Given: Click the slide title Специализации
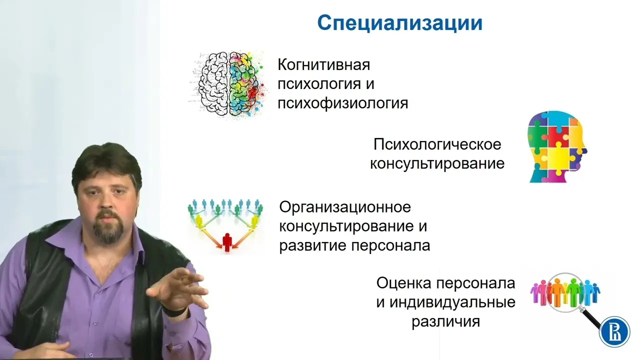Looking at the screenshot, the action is tap(399, 23).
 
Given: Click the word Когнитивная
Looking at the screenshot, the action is tap(323, 65).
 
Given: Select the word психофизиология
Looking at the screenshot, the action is tap(343, 103).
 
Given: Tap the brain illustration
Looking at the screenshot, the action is tap(228, 84).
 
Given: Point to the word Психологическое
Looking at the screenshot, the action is tap(437, 144).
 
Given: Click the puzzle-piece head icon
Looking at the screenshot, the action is tap(557, 146).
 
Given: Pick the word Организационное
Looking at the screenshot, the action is tap(345, 207).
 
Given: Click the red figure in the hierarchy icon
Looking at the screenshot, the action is tap(227, 242).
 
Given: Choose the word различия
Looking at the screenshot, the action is tap(445, 321).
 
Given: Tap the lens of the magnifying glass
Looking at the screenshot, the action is tap(565, 292).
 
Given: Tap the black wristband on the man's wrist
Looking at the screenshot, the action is tap(175, 311).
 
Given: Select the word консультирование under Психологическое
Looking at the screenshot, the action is tap(437, 164).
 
